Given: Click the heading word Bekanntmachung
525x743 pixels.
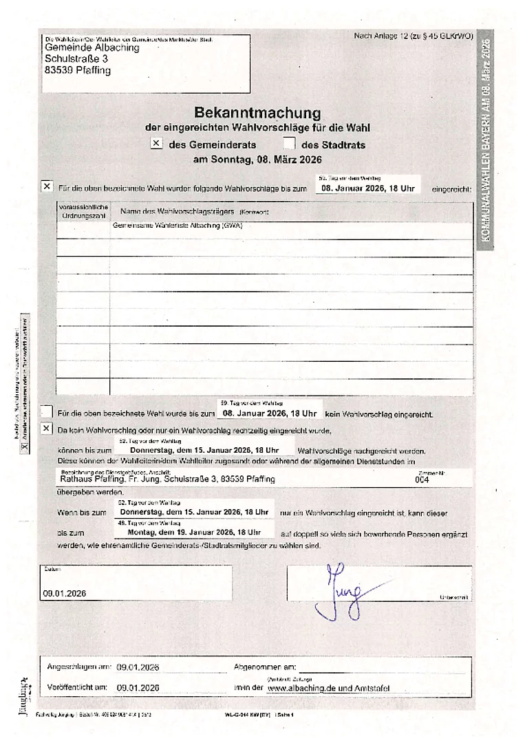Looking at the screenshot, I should tap(257, 112).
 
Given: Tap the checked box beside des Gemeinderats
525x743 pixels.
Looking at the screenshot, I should tap(156, 144).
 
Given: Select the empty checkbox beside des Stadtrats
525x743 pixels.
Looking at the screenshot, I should tap(289, 144).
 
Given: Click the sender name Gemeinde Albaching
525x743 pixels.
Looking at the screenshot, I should tap(92, 48).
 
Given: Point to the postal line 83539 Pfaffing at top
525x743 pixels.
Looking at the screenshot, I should tap(77, 70).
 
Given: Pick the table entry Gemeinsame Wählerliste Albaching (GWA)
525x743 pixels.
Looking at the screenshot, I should tap(178, 225).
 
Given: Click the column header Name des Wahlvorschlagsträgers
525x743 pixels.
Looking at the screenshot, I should tap(178, 211).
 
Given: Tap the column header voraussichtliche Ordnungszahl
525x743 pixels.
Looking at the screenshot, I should tap(83, 211).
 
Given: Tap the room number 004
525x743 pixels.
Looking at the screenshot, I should tap(422, 480).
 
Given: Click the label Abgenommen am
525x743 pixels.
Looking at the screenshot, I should tap(265, 667).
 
